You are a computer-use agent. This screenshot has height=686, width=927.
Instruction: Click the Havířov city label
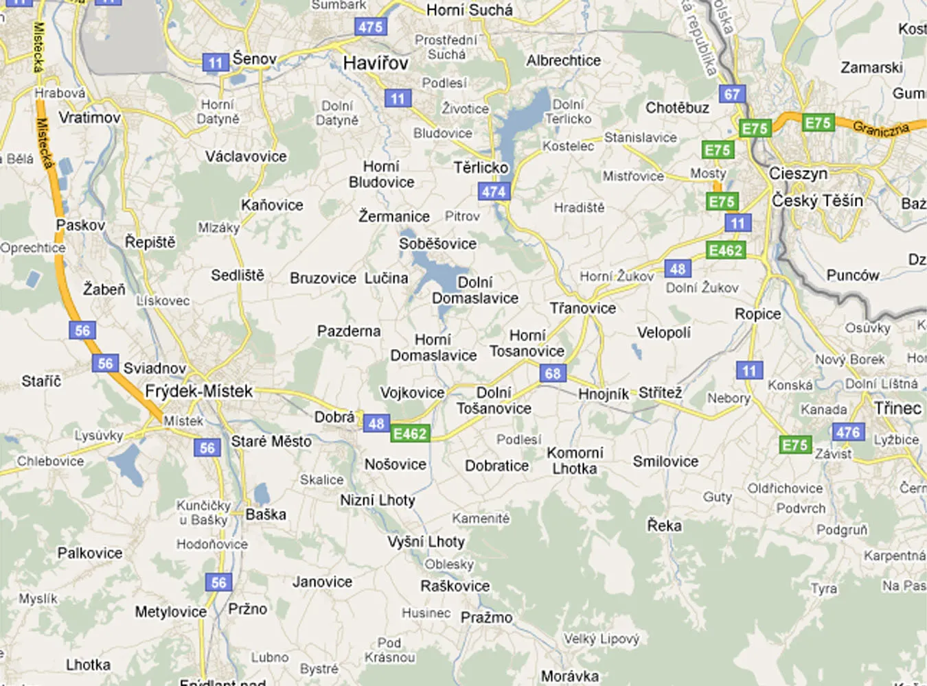pos(376,63)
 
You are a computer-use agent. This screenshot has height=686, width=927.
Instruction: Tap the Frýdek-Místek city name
pos(199,391)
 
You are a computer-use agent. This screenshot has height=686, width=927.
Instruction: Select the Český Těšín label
pos(817,200)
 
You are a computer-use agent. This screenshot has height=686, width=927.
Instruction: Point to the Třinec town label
pos(897,408)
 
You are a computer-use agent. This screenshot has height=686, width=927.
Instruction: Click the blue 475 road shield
pos(371,27)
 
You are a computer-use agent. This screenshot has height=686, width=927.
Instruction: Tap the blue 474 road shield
pos(494,192)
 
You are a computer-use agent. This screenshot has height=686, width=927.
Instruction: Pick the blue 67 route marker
pos(732,94)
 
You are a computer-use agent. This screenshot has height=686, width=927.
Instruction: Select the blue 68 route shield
pos(553,373)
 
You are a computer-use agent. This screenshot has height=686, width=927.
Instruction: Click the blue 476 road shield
pos(848,432)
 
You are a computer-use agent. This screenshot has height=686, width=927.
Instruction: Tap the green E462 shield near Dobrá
pos(410,434)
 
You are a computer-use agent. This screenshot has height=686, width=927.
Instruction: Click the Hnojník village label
pos(604,394)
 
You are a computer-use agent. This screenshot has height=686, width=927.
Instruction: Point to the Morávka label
pos(569,676)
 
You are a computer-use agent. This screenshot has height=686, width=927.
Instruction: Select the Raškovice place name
pos(455,586)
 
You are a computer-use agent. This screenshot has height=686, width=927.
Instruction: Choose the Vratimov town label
pos(89,117)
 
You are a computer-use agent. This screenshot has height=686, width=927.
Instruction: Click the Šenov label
pos(254,59)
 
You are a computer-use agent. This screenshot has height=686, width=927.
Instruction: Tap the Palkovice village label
pos(90,553)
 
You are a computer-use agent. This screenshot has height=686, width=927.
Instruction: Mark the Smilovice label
pos(665,462)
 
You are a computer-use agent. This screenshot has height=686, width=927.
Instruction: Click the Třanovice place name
pos(583,308)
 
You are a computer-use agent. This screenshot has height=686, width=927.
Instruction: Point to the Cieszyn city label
pos(798,173)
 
